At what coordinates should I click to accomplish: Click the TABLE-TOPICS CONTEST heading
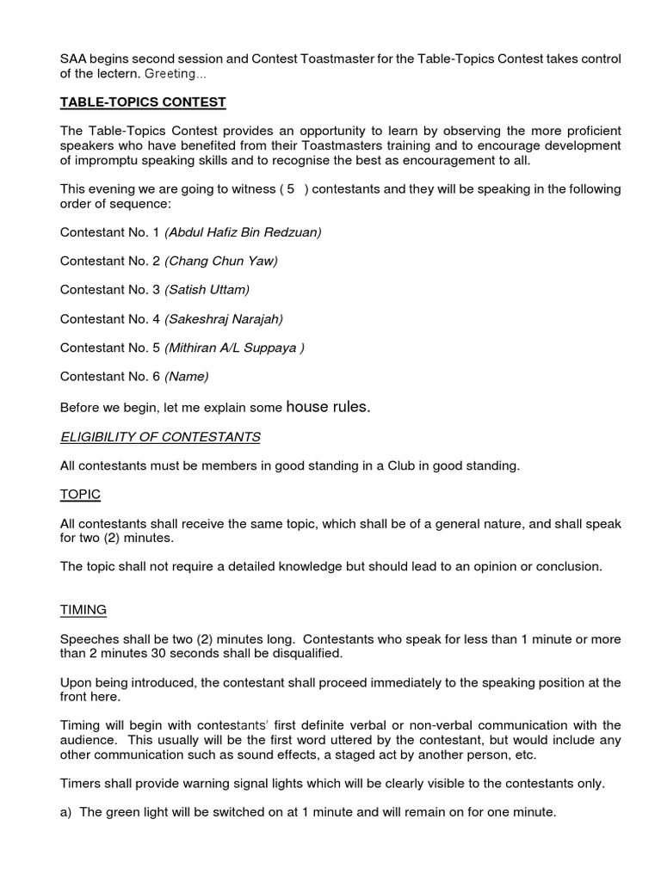(x=143, y=102)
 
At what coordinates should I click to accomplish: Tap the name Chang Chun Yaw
(x=221, y=261)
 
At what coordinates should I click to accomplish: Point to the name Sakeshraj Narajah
(x=224, y=318)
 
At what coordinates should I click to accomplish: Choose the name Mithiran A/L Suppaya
(x=234, y=348)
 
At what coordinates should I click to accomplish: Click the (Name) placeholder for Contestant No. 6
(x=187, y=376)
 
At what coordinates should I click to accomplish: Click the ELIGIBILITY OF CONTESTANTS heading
(x=160, y=437)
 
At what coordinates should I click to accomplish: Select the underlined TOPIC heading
(x=80, y=494)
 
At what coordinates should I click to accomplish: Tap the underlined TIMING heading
(x=83, y=609)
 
